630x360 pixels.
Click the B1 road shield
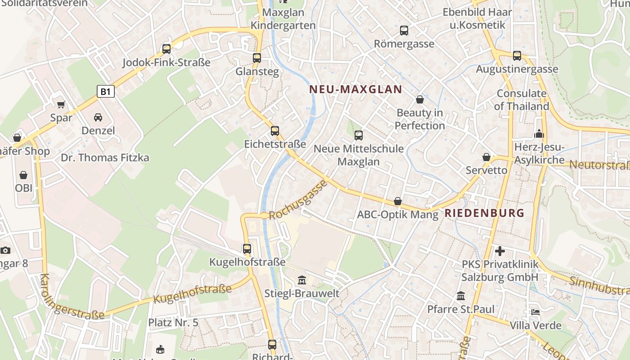pyautogui.click(x=105, y=91)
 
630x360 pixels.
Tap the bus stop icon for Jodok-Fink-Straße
pyautogui.click(x=166, y=49)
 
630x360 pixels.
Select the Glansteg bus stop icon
pyautogui.click(x=257, y=58)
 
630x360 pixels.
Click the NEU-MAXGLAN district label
pyautogui.click(x=355, y=89)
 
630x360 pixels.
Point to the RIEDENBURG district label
pyautogui.click(x=485, y=213)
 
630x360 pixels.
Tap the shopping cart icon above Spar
pyautogui.click(x=61, y=105)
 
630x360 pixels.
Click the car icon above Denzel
pyautogui.click(x=98, y=117)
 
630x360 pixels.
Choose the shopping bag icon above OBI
pyautogui.click(x=23, y=175)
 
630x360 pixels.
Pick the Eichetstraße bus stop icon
pyautogui.click(x=275, y=131)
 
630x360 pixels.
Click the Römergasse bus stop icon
pyautogui.click(x=404, y=31)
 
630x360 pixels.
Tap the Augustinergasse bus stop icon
pyautogui.click(x=517, y=56)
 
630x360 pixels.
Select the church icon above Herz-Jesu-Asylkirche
pyautogui.click(x=539, y=134)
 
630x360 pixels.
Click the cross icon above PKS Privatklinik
pyautogui.click(x=500, y=251)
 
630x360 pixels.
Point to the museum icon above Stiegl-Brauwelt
pyautogui.click(x=301, y=280)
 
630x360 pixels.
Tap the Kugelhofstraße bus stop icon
pyautogui.click(x=247, y=248)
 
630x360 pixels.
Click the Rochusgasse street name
pyautogui.click(x=297, y=200)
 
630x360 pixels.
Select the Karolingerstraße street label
pyautogui.click(x=72, y=297)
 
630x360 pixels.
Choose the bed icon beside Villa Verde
pyautogui.click(x=535, y=312)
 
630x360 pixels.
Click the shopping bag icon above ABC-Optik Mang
pyautogui.click(x=397, y=201)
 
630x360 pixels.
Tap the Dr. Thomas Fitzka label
pyautogui.click(x=105, y=157)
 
